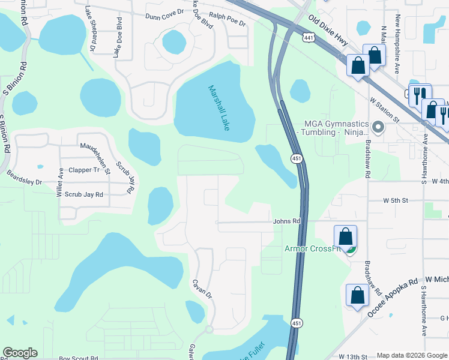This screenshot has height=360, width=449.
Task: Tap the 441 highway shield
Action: pos(309,38)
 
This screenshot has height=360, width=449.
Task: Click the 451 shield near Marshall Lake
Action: pos(297,158)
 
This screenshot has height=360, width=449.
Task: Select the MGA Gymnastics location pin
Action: pos(378,127)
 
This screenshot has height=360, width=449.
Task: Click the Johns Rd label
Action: pos(286,221)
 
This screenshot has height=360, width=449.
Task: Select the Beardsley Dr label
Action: pos(24,178)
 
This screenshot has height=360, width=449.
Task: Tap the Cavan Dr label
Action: pos(202,288)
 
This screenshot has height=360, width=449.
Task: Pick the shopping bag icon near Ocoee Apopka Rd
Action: pos(358,295)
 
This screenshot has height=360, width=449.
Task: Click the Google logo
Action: pos(20,353)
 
